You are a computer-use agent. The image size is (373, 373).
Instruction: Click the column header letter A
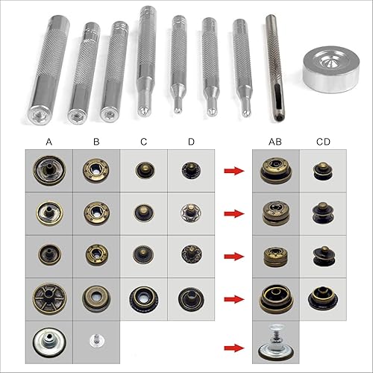(48, 140)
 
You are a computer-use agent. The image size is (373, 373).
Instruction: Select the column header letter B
(96, 140)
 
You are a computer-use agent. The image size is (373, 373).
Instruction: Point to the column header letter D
(191, 140)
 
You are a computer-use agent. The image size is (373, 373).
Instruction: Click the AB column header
(275, 140)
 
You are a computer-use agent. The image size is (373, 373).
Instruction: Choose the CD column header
(323, 140)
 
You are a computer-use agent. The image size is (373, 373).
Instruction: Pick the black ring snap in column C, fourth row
(143, 299)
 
